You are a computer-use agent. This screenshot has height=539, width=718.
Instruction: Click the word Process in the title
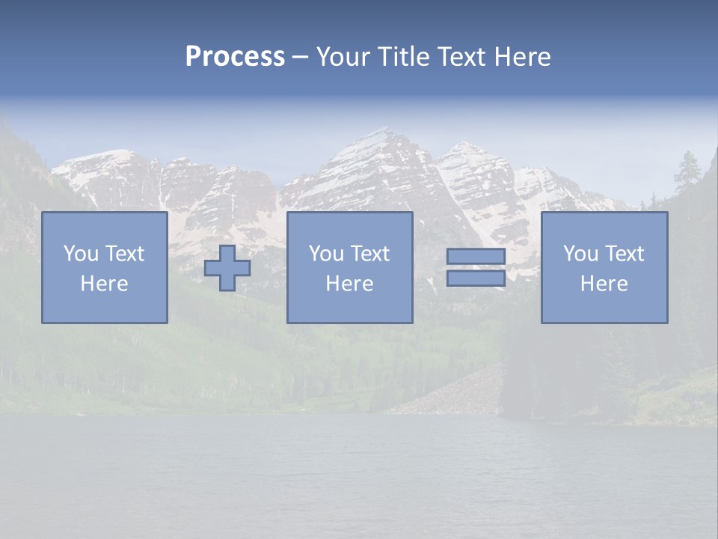(x=235, y=57)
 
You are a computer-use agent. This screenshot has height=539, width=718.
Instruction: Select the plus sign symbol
(x=227, y=268)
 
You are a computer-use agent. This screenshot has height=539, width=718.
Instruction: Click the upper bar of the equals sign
(x=476, y=257)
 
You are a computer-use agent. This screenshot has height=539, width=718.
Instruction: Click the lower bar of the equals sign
(x=476, y=278)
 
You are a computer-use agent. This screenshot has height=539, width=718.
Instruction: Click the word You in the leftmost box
(x=80, y=254)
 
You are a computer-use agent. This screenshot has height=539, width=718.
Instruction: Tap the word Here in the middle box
(x=350, y=284)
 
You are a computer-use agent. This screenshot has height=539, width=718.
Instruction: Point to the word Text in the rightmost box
(x=625, y=254)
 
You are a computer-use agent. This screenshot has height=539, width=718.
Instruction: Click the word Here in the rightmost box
(x=604, y=284)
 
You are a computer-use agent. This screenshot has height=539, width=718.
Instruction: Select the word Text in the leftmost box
(x=125, y=254)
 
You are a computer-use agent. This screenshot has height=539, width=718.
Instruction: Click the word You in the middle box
(x=326, y=254)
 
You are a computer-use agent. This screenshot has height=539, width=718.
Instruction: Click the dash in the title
(x=300, y=58)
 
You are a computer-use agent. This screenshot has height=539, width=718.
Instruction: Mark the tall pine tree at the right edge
(x=687, y=172)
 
